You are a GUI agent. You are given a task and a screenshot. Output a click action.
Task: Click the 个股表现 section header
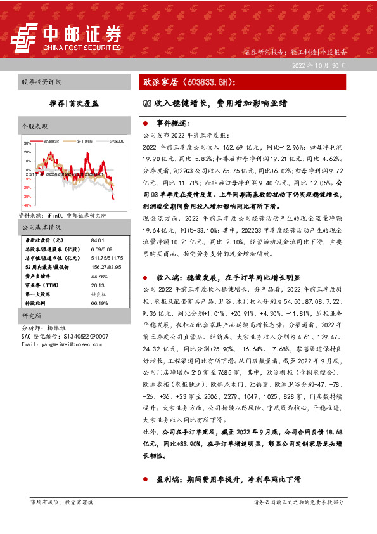click(x=35, y=126)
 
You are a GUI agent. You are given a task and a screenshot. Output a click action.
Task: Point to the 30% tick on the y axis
click(x=27, y=144)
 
